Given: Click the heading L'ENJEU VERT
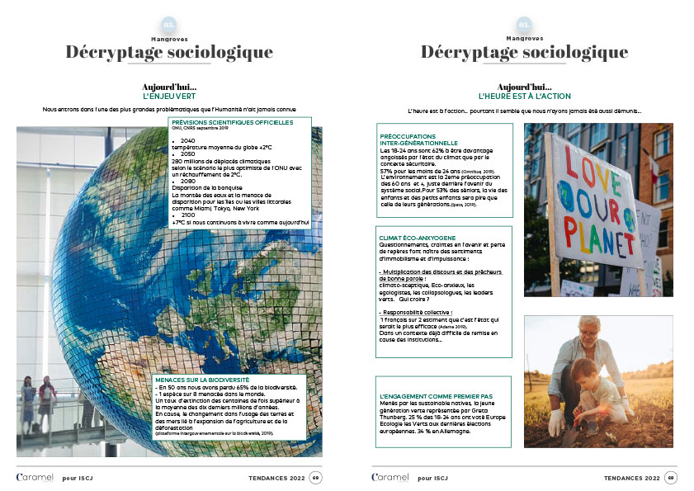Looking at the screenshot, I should coord(169,97).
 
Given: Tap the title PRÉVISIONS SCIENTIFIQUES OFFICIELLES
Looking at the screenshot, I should coord(232,122).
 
